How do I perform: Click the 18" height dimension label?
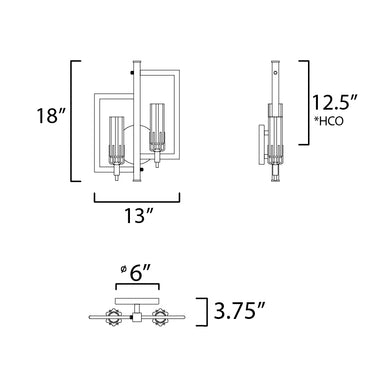pos(51,116)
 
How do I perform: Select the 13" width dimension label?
pos(139,215)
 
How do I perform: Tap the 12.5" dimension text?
pos(334,102)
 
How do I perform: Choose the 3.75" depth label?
pos(240,311)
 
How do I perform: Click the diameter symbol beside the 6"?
pos(124,269)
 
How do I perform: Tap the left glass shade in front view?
pos(117,140)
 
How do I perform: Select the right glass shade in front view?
pos(157,127)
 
